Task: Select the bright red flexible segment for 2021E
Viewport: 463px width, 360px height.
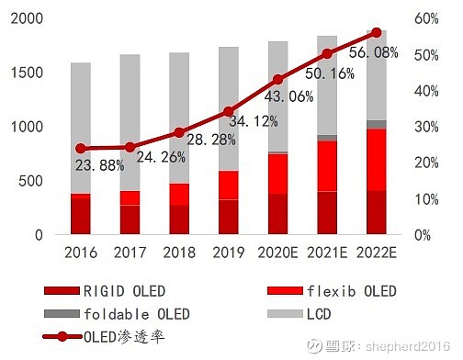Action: click(327, 166)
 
